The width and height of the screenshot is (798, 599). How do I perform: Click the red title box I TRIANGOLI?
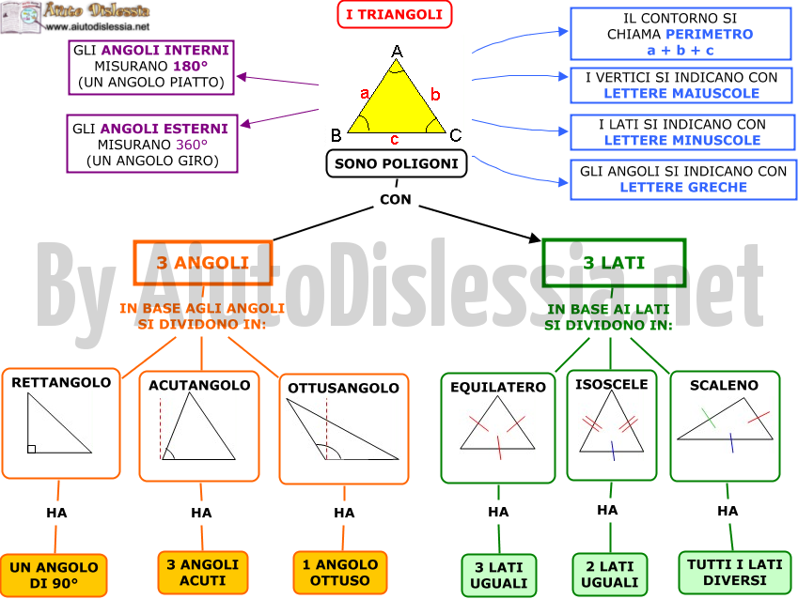click(x=395, y=14)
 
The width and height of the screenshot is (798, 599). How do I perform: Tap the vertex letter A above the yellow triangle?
click(x=397, y=52)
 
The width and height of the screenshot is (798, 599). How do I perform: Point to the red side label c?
click(x=395, y=139)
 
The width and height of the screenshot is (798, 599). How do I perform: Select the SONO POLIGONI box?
click(x=397, y=163)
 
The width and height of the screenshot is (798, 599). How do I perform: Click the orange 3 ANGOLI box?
click(x=202, y=262)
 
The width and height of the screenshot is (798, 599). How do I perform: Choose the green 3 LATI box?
click(x=614, y=262)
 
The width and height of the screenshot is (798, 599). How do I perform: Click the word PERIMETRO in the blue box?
click(x=710, y=34)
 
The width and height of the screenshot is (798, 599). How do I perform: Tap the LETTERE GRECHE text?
click(x=683, y=187)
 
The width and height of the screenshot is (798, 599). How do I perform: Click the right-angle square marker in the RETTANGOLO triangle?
click(x=32, y=449)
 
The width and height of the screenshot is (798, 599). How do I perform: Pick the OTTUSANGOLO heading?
click(x=343, y=388)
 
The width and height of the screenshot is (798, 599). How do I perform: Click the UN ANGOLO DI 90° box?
click(x=54, y=576)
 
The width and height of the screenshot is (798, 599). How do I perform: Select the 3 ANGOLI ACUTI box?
click(x=202, y=573)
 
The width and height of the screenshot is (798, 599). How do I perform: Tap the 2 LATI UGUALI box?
click(x=610, y=575)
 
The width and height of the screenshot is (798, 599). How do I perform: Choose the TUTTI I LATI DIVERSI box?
click(x=735, y=573)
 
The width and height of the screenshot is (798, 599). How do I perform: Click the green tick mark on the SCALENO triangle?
click(x=709, y=418)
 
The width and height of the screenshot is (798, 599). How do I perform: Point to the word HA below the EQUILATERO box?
click(x=498, y=512)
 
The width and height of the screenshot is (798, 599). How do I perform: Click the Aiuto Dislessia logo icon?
click(x=21, y=18)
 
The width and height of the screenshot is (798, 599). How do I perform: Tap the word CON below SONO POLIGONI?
click(x=396, y=199)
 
